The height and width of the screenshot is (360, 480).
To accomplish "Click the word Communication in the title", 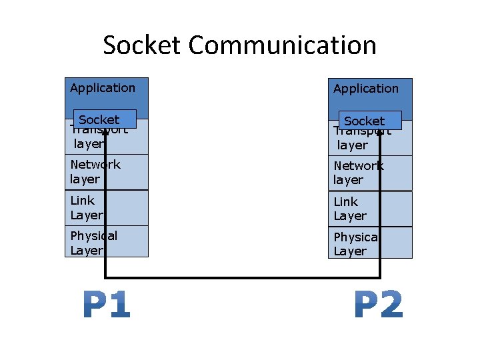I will click(x=282, y=45).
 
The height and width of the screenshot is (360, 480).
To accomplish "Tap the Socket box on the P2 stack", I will click(x=370, y=121).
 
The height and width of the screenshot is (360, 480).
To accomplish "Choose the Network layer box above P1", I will click(x=107, y=172).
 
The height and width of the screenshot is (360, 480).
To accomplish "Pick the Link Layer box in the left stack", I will click(x=107, y=207).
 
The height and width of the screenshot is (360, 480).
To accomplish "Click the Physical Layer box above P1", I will click(x=107, y=243).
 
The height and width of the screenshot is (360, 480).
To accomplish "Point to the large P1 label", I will click(x=107, y=305).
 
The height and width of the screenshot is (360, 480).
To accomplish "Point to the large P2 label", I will click(x=379, y=305).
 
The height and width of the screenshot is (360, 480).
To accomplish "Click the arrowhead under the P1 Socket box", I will click(x=105, y=134).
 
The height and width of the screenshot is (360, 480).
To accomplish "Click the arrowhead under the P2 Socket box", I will click(x=380, y=134).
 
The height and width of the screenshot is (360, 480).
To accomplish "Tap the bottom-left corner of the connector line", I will click(x=105, y=277).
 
